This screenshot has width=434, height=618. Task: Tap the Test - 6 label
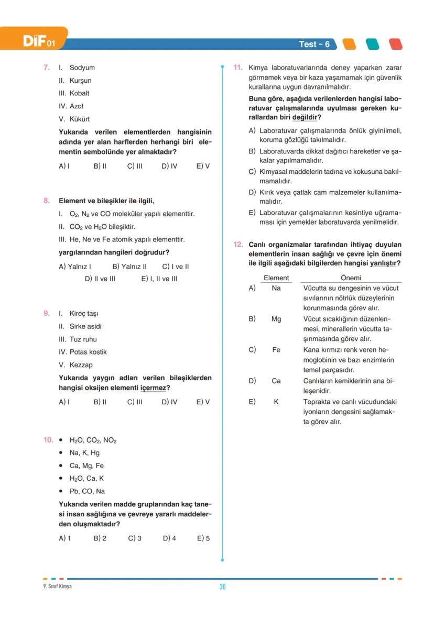[314, 45]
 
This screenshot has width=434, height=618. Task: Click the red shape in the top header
[396, 45]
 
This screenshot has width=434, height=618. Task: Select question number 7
[46, 68]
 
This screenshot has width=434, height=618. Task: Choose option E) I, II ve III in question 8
[159, 279]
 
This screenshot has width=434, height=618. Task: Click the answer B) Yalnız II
[129, 267]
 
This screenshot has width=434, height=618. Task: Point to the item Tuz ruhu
[83, 339]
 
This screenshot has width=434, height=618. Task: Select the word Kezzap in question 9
[81, 365]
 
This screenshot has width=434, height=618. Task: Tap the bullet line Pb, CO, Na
[87, 491]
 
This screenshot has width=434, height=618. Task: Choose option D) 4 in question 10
[169, 538]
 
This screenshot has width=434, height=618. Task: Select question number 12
[238, 245]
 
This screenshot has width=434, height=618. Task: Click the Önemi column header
[351, 278]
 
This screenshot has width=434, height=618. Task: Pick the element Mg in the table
[276, 319]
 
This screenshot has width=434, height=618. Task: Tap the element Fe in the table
[276, 350]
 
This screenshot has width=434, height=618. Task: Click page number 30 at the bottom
[222, 587]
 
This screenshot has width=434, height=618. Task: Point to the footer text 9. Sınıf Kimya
[57, 586]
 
